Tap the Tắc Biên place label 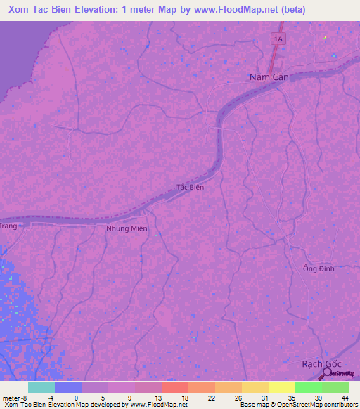pos(190,188)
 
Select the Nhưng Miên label pos(127,229)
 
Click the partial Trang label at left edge pos(8,226)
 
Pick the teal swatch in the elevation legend pos(41,387)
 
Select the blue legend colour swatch pos(68,387)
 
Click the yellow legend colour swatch pos(282,387)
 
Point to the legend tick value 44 pos(344,397)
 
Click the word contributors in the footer pos(340,405)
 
